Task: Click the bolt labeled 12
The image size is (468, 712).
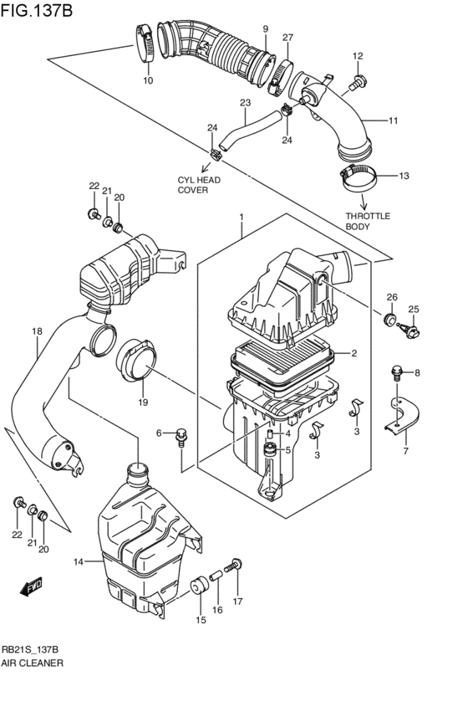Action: [x=358, y=82]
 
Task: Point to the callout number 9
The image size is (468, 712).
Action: [x=265, y=29]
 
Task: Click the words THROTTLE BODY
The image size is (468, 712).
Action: [x=368, y=221]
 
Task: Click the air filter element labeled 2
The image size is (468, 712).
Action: [x=284, y=355]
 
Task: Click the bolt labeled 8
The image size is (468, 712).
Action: [x=398, y=371]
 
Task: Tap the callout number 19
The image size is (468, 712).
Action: [x=143, y=402]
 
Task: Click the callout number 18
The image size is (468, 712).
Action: [x=37, y=331]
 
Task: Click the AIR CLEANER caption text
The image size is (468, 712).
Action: [x=33, y=662]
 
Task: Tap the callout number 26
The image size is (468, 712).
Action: [x=391, y=297]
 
